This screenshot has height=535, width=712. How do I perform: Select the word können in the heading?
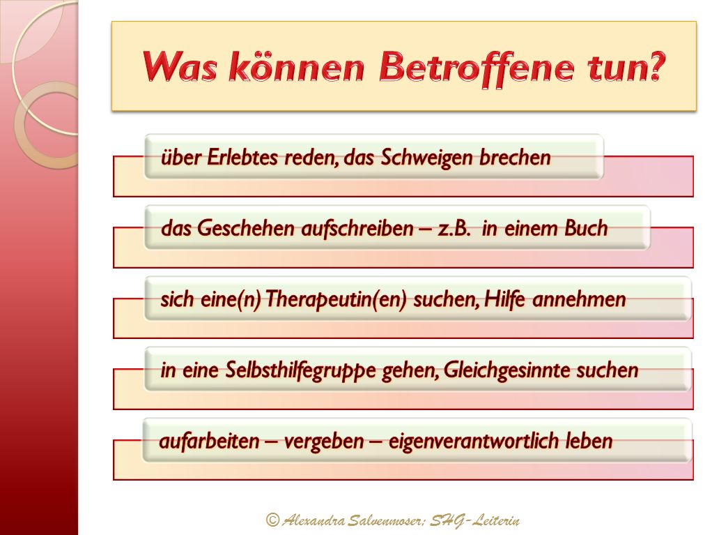[x=296, y=66]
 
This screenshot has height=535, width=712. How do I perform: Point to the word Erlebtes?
[x=242, y=158]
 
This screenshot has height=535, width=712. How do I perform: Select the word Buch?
[x=586, y=227]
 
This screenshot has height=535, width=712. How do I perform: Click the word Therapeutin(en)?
[x=336, y=299]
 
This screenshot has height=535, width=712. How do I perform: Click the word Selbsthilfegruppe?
[x=300, y=370]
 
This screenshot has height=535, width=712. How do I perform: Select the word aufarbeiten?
[x=209, y=441]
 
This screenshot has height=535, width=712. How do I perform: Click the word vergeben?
[x=324, y=442]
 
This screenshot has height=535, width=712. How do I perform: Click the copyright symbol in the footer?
[x=272, y=520]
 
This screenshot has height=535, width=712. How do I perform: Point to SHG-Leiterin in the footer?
[x=474, y=520]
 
